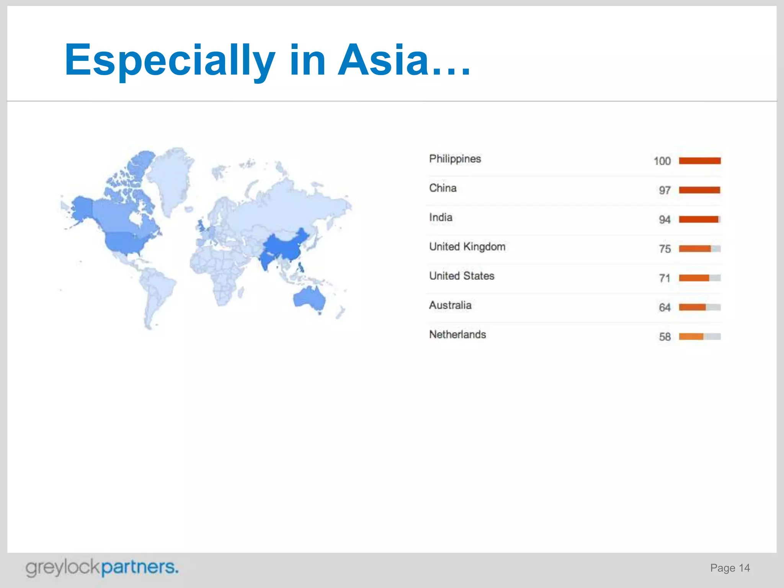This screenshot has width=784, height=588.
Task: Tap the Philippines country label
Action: click(x=455, y=159)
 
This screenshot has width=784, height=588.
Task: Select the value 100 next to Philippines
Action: click(x=662, y=161)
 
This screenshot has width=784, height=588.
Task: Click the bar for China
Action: click(x=699, y=190)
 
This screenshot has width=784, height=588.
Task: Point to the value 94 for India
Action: click(x=665, y=220)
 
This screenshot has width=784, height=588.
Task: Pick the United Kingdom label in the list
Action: click(x=467, y=247)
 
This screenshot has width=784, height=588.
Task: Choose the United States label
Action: click(x=462, y=276)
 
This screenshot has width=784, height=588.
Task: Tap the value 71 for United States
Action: click(x=665, y=278)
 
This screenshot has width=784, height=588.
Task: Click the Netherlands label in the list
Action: click(x=457, y=335)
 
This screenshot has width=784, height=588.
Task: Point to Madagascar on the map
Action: click(x=240, y=293)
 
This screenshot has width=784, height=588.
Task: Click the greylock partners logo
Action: click(x=102, y=568)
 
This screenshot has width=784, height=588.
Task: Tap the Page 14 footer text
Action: click(x=730, y=568)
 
